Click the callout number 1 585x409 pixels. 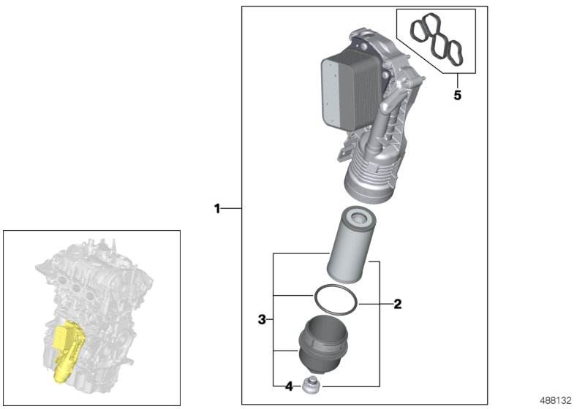pos(217,209)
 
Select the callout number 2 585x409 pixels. pos(398,304)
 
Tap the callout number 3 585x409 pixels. pos(261,320)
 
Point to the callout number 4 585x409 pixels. pos(288,385)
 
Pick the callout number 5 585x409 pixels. pos(457,95)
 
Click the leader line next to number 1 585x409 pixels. pos(232,209)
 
